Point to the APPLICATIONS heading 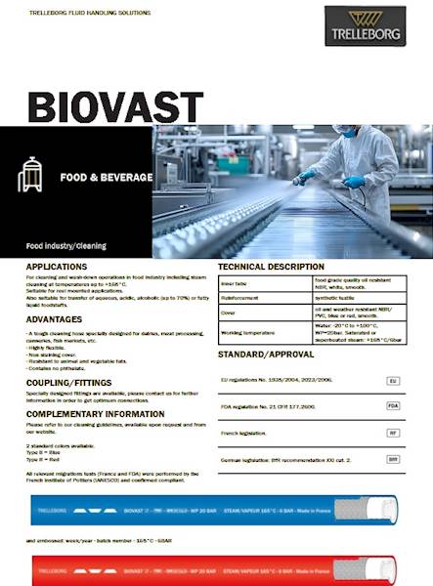[x=57, y=266]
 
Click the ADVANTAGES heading [x=53, y=318]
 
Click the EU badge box [x=393, y=381]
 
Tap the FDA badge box [x=393, y=405]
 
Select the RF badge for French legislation [x=393, y=432]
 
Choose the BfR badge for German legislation [x=393, y=458]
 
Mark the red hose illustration [x=215, y=567]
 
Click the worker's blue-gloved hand [x=353, y=182]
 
